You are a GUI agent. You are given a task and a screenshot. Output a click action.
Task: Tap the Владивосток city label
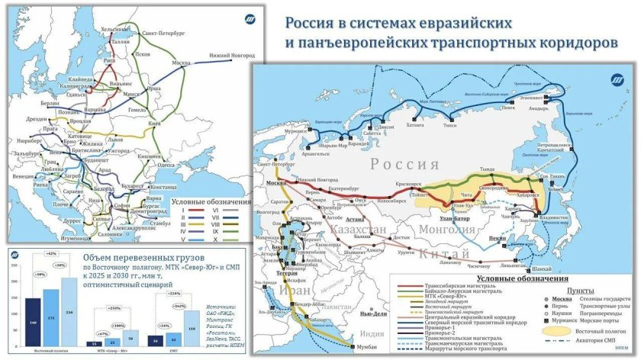pos(555,219)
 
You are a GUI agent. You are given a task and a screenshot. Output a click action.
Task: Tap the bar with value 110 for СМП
pos(192,329)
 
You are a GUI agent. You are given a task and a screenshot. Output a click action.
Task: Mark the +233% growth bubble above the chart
pos(116,307)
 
